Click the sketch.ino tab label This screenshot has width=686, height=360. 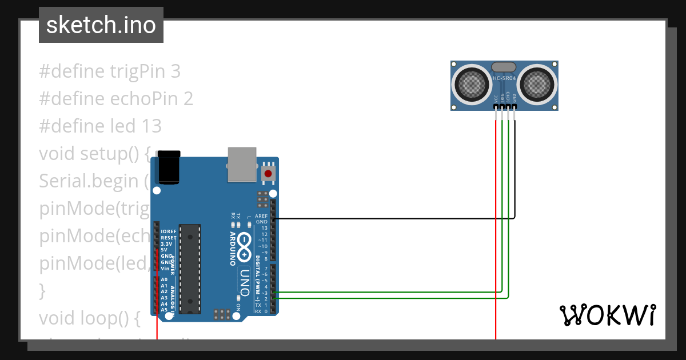coord(101,25)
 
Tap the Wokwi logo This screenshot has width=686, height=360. coord(607,315)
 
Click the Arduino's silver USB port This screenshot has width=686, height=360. coord(242,165)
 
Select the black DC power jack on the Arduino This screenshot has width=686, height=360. coord(169,167)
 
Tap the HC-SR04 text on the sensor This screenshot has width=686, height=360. coord(504,78)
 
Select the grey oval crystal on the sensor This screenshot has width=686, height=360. coord(504,67)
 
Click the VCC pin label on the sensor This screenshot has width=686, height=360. coord(496,98)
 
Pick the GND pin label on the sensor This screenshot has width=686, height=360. coord(514,98)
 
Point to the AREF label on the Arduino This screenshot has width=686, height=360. coord(261,216)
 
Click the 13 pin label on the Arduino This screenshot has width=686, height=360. coord(264,228)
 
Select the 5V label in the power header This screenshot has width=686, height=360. coord(164,250)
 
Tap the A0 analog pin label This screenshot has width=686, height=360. coord(164,279)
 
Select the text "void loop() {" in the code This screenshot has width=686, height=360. coord(89,318)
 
